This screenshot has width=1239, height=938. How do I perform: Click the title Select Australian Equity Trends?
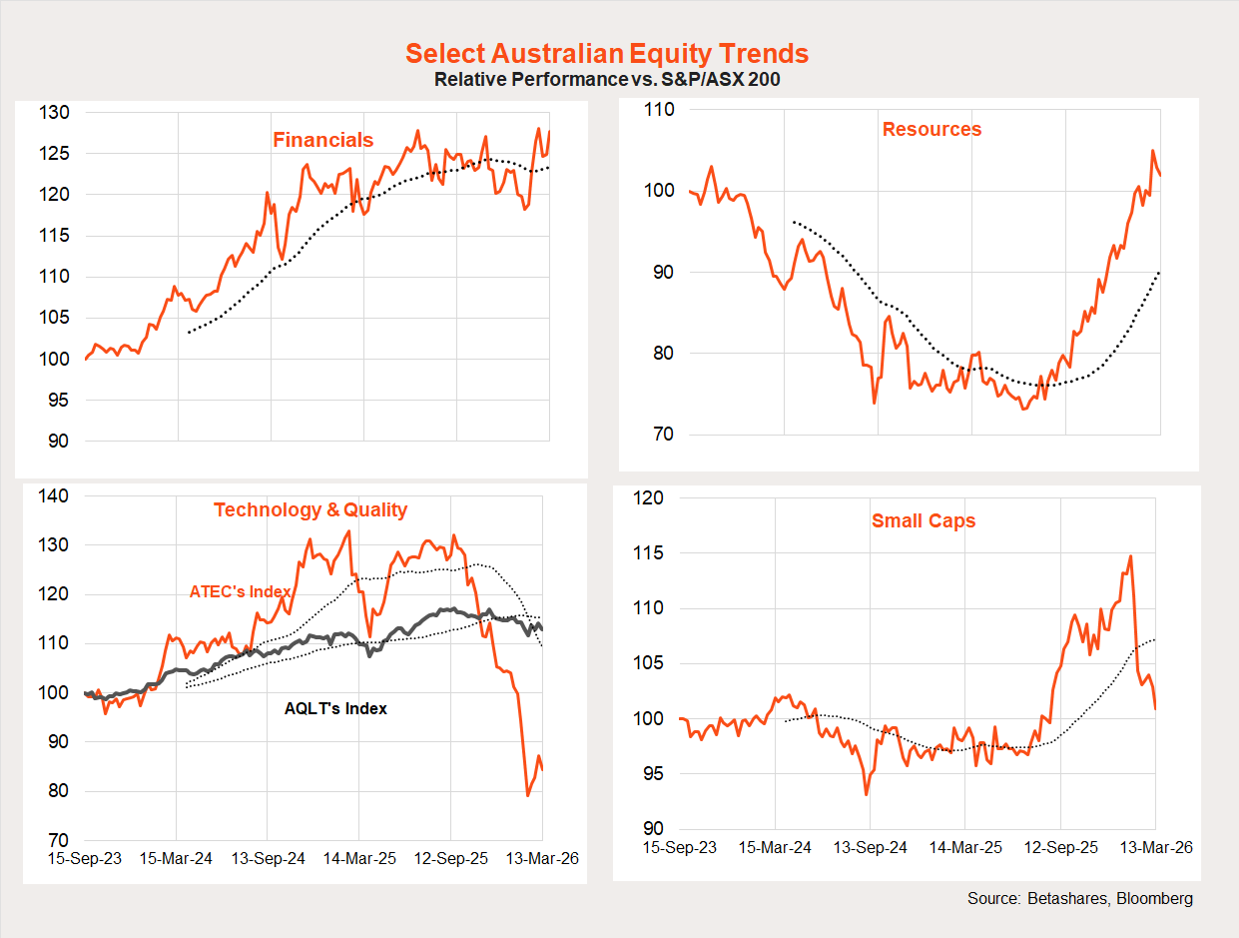607,54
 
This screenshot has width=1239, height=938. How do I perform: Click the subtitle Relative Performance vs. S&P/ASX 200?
607,80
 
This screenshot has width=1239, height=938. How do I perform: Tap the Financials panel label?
323,140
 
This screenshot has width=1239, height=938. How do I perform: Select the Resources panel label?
931,129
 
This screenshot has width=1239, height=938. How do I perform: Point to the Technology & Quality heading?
310,509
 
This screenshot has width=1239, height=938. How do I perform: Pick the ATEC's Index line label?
240,591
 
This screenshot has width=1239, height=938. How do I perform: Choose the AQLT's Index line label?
335,708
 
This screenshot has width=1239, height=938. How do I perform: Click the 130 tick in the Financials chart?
54,113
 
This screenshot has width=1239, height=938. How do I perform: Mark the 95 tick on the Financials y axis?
59,400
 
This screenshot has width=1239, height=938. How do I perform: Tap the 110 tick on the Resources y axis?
660,110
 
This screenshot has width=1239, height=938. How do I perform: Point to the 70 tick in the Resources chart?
664,435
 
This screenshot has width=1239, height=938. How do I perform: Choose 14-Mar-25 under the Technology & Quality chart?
359,859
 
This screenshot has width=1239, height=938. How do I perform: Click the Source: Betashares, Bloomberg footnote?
1080,899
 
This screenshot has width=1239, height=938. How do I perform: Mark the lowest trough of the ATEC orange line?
528,795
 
